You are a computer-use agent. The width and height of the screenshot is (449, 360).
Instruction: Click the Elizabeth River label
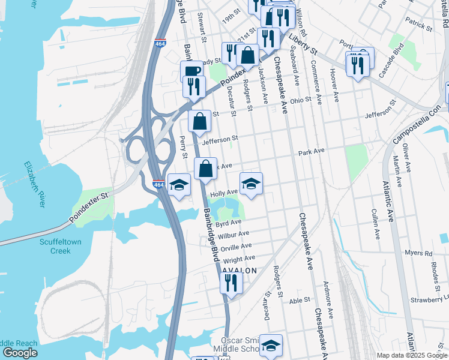coord(35,185)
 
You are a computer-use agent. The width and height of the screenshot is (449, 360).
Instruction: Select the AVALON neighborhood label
coord(240,271)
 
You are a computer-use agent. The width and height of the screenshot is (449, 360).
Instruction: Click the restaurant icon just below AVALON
coord(231,283)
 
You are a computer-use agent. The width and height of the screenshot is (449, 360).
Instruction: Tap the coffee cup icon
coord(191,72)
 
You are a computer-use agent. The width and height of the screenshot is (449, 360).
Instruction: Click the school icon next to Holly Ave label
coord(251,184)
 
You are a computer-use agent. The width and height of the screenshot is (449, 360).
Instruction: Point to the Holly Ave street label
coord(224,193)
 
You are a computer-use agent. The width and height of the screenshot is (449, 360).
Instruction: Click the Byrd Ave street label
coord(228,223)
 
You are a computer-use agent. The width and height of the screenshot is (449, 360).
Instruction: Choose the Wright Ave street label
coord(239,259)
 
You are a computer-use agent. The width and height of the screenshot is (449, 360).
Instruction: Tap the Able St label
coord(299,300)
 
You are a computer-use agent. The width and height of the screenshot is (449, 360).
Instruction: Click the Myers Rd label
coord(418,253)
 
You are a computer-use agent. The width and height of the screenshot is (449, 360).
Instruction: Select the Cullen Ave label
coord(376,221)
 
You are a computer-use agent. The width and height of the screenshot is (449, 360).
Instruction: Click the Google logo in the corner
coord(20,353)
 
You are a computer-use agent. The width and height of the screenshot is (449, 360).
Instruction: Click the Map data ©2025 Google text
coord(411,355)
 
